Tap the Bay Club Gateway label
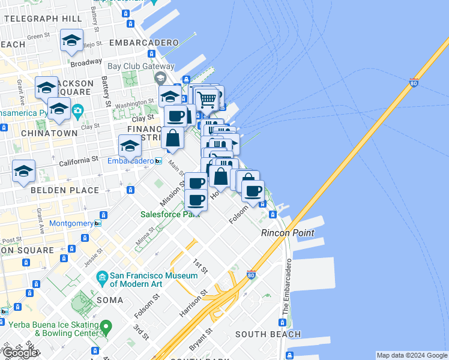(x=141, y=67)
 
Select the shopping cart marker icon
(x=206, y=99)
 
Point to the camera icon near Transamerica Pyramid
(x=77, y=111)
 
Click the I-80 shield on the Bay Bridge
(x=414, y=83)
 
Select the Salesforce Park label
(x=170, y=214)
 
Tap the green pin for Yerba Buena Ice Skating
(x=106, y=328)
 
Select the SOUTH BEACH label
(x=268, y=334)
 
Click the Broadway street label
(x=86, y=62)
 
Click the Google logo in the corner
(x=20, y=353)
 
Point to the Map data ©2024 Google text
(x=412, y=355)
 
